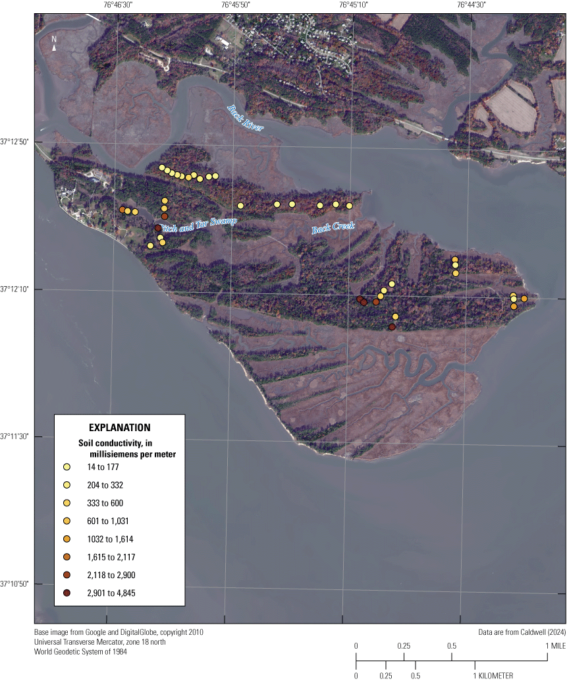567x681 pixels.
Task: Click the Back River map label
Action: pos(246,117)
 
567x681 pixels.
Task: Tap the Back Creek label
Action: pos(332,227)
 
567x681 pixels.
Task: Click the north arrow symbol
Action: pos(54,44)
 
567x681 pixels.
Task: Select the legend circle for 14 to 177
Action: pos(67,467)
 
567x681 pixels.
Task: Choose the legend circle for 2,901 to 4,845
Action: pos(67,593)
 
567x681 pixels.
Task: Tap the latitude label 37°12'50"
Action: pos(16,142)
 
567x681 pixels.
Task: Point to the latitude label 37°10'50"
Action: pos(16,584)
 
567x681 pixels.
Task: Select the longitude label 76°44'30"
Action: pos(472,5)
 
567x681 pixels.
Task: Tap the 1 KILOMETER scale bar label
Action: pos(493,675)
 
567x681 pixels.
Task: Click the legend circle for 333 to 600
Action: pos(67,503)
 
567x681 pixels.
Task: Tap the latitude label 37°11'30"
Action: pos(16,436)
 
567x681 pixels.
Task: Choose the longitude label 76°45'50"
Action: pos(236,5)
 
